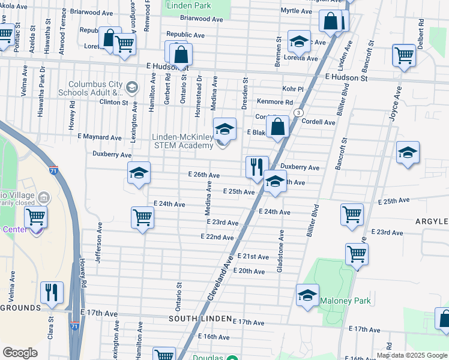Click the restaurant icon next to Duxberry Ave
coord(257,166)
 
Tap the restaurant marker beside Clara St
coord(52,292)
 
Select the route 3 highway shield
coord(298,113)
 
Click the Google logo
coord(20,353)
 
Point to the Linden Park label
coord(189,5)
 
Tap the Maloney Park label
coord(345,301)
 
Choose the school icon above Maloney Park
coord(307,295)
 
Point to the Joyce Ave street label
coord(396,105)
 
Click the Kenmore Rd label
coord(275,102)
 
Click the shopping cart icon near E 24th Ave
coord(143,217)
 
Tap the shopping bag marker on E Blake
coord(277,127)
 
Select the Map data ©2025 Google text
coord(412,355)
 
